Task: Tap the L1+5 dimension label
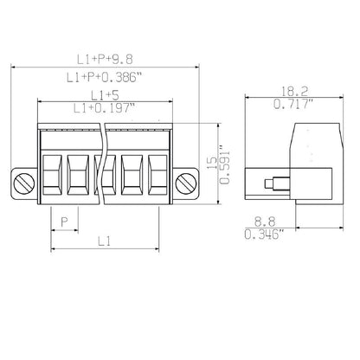(104, 93)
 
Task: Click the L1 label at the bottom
(104, 241)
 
